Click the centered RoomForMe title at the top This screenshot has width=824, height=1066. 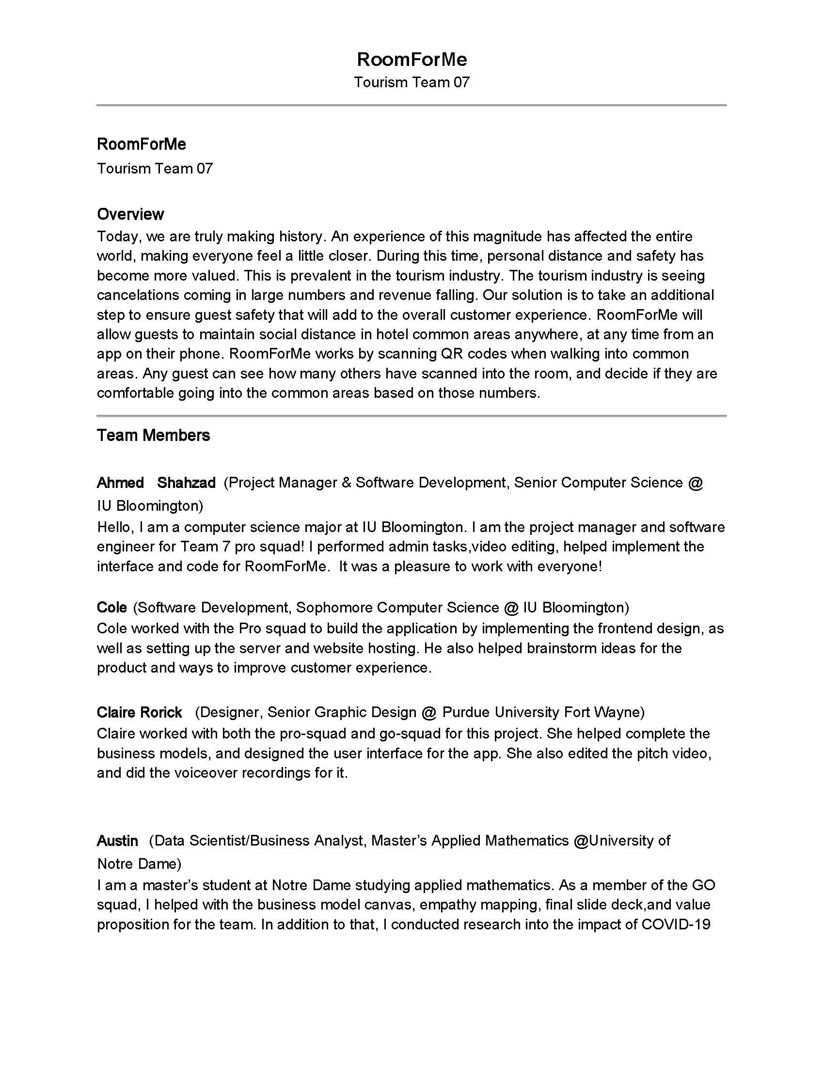412,60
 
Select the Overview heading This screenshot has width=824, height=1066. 130,214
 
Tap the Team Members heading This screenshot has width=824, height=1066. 153,436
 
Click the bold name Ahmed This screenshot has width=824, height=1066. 120,483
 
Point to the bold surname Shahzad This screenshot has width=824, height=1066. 186,483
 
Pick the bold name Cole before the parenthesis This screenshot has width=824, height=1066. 112,607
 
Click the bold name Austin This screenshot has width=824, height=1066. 117,841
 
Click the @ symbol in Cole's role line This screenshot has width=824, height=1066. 511,608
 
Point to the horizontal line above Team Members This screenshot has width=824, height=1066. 412,416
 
